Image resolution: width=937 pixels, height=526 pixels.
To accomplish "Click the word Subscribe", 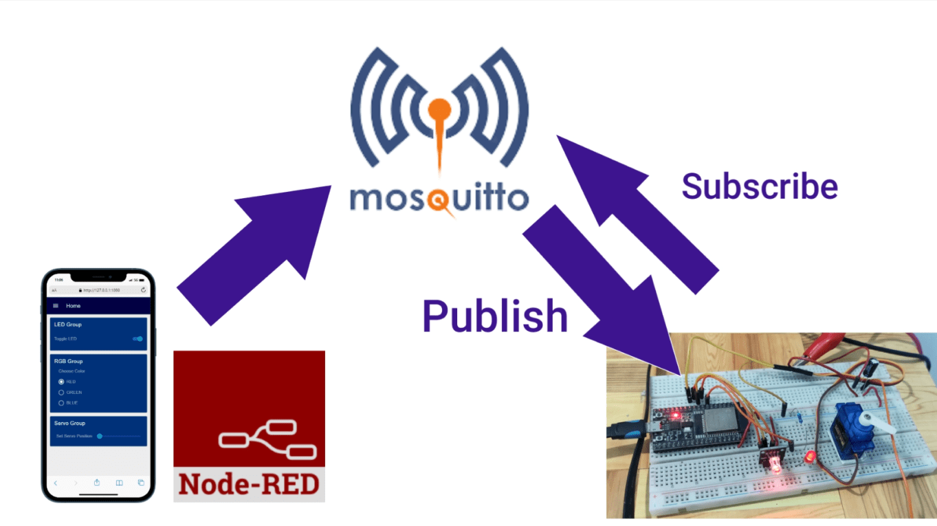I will click(759, 186).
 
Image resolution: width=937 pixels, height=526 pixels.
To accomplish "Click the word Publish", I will click(494, 316).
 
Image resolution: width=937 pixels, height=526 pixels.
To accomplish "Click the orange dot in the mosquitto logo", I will click(439, 109).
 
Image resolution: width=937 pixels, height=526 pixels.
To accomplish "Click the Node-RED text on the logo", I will click(249, 484).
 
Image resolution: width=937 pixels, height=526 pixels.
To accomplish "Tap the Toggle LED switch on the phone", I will click(138, 338).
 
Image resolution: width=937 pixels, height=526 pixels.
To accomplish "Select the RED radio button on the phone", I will click(61, 382).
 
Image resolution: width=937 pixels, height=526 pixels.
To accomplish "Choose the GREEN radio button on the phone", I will click(61, 392).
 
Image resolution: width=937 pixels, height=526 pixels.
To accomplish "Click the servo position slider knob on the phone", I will click(100, 436).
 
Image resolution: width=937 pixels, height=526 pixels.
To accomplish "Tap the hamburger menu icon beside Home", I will click(56, 305).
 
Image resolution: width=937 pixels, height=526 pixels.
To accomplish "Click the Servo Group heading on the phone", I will click(69, 423).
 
